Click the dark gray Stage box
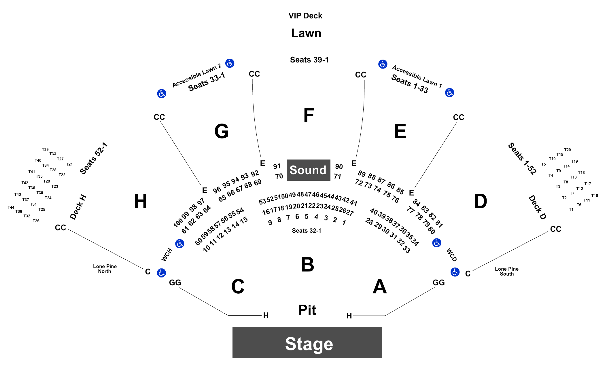[x=307, y=342]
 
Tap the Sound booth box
[x=308, y=170]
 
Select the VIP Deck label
[x=305, y=16]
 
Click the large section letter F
[x=309, y=115]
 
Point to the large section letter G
[x=222, y=131]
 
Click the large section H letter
[x=141, y=201]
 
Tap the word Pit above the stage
[x=307, y=310]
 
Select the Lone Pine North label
[x=105, y=269]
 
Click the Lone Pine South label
[x=507, y=271]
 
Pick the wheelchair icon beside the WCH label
[x=180, y=244]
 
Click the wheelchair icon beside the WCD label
[x=437, y=243]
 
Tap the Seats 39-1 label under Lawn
[x=309, y=60]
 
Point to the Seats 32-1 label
[x=307, y=231]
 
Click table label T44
[x=11, y=207]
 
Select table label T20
[x=567, y=150]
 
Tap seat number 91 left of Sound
[x=277, y=166]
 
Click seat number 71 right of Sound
[x=337, y=176]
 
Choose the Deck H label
[x=78, y=207]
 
